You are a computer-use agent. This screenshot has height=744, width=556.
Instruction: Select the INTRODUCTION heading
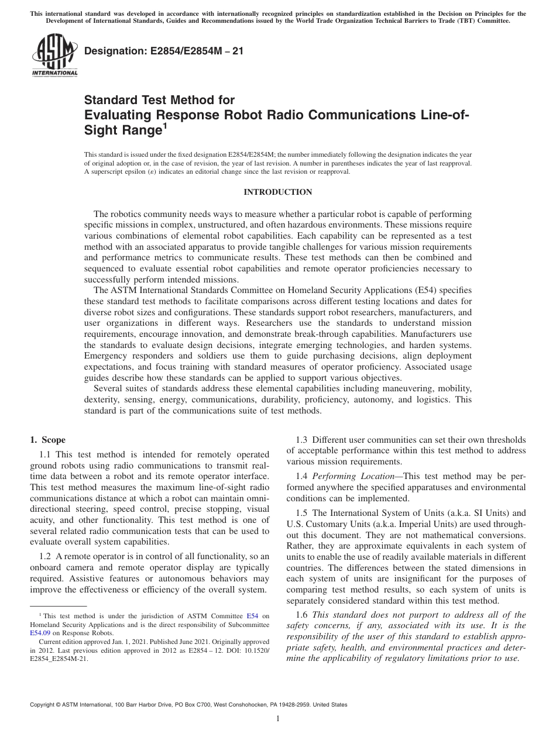[x=277, y=192]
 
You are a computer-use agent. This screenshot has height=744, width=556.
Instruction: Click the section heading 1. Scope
[x=48, y=440]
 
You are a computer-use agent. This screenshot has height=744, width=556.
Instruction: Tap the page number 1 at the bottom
[x=278, y=719]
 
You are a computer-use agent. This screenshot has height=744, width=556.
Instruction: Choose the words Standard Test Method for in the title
[x=159, y=100]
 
